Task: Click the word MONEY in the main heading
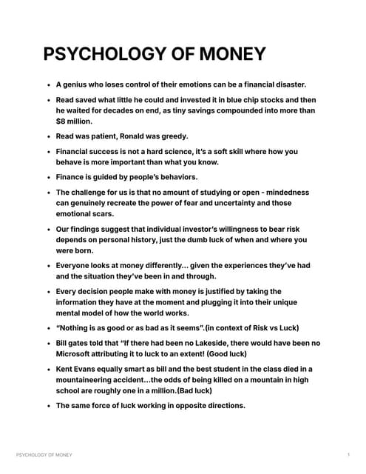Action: (x=228, y=55)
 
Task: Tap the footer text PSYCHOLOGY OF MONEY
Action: (x=44, y=454)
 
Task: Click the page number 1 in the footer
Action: (x=348, y=454)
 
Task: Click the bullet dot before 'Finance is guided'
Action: (x=48, y=178)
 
